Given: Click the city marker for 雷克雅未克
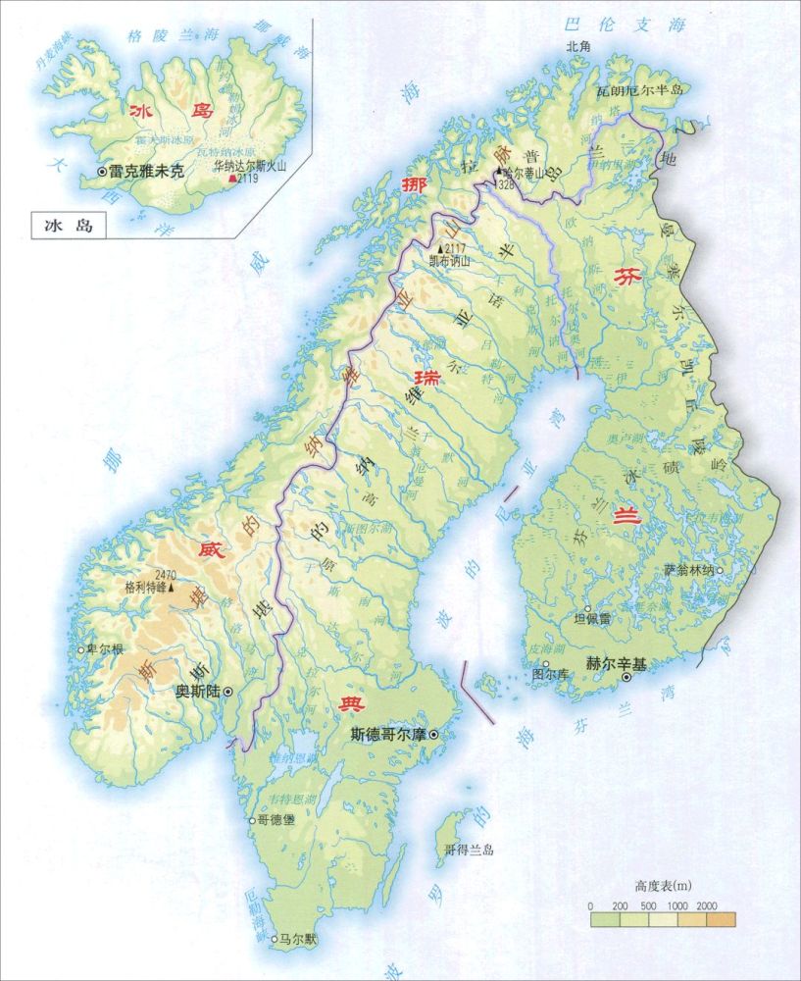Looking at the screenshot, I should (x=103, y=172).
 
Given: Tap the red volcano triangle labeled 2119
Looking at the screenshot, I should (x=231, y=180).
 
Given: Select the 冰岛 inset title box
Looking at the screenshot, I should (x=60, y=226).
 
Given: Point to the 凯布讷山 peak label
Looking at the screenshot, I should (x=450, y=262).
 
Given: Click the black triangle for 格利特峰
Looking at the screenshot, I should (x=172, y=589).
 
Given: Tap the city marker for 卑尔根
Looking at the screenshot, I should (x=82, y=649).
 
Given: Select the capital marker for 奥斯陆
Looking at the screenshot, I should (x=228, y=692).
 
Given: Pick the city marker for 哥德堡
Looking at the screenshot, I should (x=250, y=819).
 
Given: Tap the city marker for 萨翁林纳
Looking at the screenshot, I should (x=720, y=569).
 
